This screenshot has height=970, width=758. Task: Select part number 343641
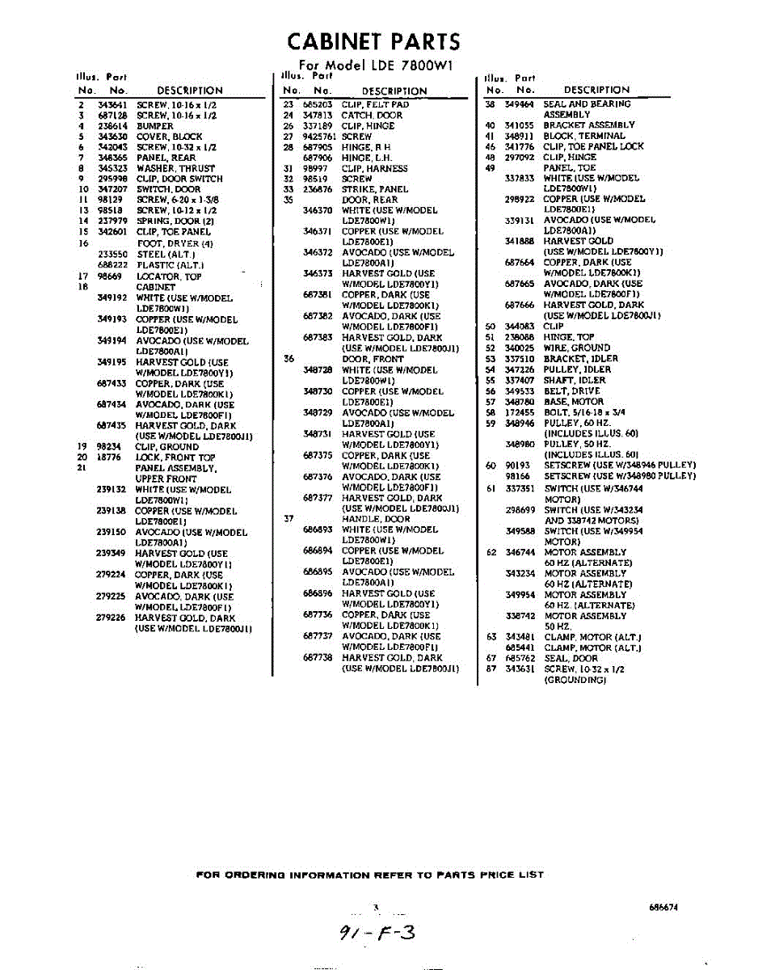click(112, 105)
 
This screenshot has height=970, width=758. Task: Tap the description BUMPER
click(154, 126)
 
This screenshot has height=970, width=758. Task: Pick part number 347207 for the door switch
click(112, 189)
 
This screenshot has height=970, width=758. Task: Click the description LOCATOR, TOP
click(169, 276)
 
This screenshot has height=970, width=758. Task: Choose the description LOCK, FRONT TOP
click(175, 458)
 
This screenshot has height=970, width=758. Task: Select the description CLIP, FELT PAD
click(375, 104)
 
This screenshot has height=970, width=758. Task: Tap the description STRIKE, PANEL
click(374, 189)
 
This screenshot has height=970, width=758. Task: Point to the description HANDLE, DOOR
click(375, 519)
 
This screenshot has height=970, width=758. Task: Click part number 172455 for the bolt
click(520, 412)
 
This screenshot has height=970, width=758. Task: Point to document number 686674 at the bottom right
click(663, 907)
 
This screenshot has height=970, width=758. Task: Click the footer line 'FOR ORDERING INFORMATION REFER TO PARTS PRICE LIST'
click(370, 875)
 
